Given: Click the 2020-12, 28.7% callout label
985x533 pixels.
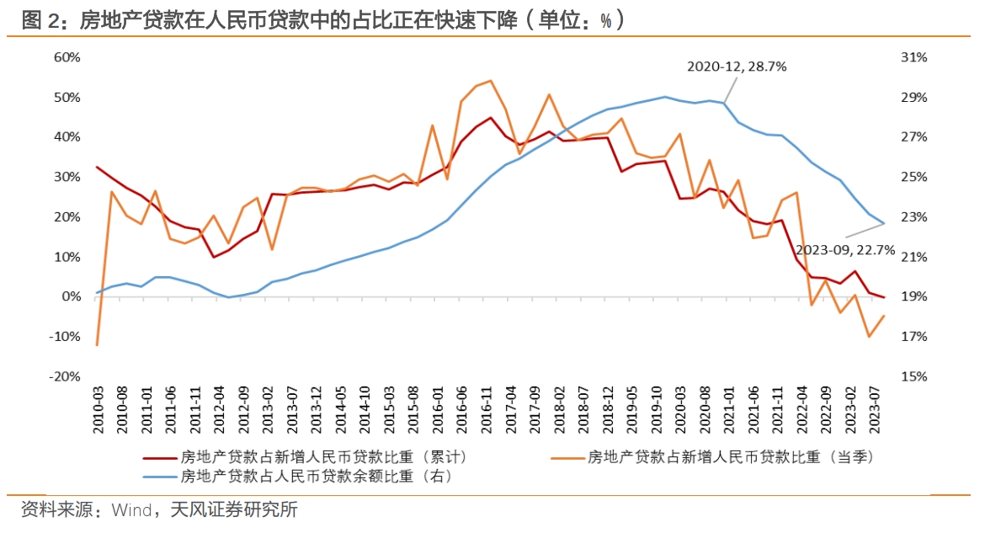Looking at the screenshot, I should pyautogui.click(x=737, y=67).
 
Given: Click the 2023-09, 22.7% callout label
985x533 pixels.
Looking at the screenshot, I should pyautogui.click(x=844, y=249).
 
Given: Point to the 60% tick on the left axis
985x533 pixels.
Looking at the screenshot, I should pyautogui.click(x=67, y=57).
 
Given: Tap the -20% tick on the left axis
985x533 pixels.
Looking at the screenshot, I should pyautogui.click(x=65, y=376).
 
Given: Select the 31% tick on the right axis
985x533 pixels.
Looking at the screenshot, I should pyautogui.click(x=913, y=57).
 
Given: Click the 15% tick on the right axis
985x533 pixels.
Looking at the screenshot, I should pyautogui.click(x=913, y=376).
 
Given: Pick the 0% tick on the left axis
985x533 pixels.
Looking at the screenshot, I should pyautogui.click(x=70, y=296).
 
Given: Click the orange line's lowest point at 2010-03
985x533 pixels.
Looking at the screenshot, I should pyautogui.click(x=98, y=345).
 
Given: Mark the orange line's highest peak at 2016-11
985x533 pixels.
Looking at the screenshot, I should pyautogui.click(x=490, y=81).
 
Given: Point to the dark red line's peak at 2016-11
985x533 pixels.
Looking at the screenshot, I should pyautogui.click(x=490, y=118).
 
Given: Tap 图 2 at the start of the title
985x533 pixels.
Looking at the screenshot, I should pyautogui.click(x=39, y=20).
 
